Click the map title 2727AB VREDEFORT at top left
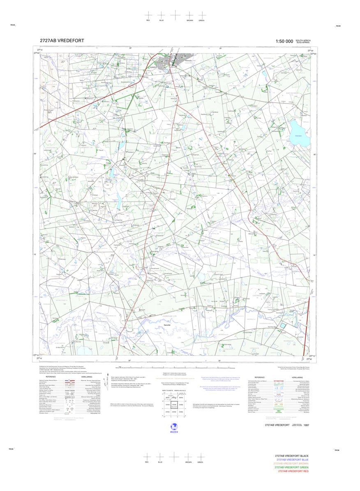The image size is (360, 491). point(62,41)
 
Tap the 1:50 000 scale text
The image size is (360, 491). point(284,41)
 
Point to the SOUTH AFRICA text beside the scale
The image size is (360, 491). point(303,40)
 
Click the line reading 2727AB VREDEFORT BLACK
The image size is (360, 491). point(292,456)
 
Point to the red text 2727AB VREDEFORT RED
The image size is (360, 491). point(293,471)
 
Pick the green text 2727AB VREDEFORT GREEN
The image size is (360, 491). point(291,467)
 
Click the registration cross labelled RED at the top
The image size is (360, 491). point(148,15)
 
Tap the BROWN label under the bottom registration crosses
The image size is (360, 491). point(189,462)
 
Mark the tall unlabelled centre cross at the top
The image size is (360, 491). point(175,15)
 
